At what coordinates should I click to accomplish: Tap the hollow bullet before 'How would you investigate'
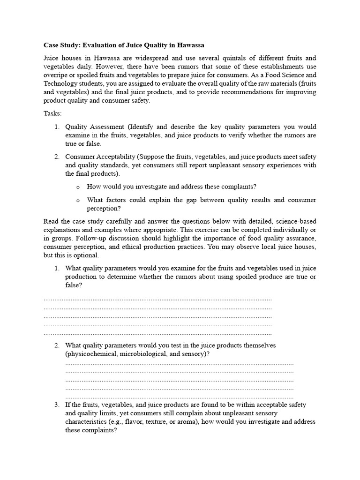pos(78,187)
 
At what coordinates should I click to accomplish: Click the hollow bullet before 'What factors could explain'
pos(78,200)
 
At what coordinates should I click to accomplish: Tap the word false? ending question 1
pos(74,285)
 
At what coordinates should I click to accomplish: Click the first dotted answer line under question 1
pos(157,299)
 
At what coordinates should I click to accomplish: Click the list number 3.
pos(56,405)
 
